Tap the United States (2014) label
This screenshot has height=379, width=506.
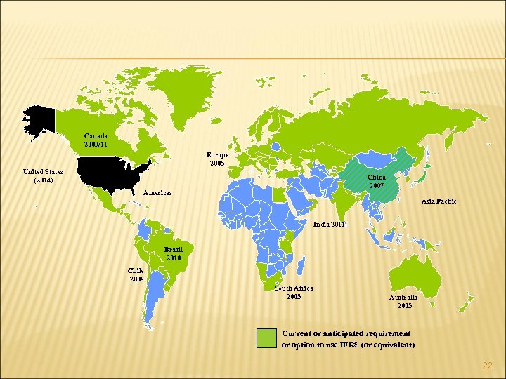click(x=43, y=175)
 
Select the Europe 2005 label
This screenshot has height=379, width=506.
click(x=216, y=159)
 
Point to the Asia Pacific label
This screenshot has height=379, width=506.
click(x=439, y=201)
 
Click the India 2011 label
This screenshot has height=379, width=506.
click(x=330, y=225)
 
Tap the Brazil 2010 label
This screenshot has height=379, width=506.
click(x=174, y=253)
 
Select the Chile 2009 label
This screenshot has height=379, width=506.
click(x=136, y=274)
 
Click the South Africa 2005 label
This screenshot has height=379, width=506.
click(x=294, y=292)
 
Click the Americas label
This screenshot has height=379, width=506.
click(x=158, y=192)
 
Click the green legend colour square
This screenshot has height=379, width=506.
click(x=266, y=338)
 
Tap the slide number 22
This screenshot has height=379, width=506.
click(x=487, y=366)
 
